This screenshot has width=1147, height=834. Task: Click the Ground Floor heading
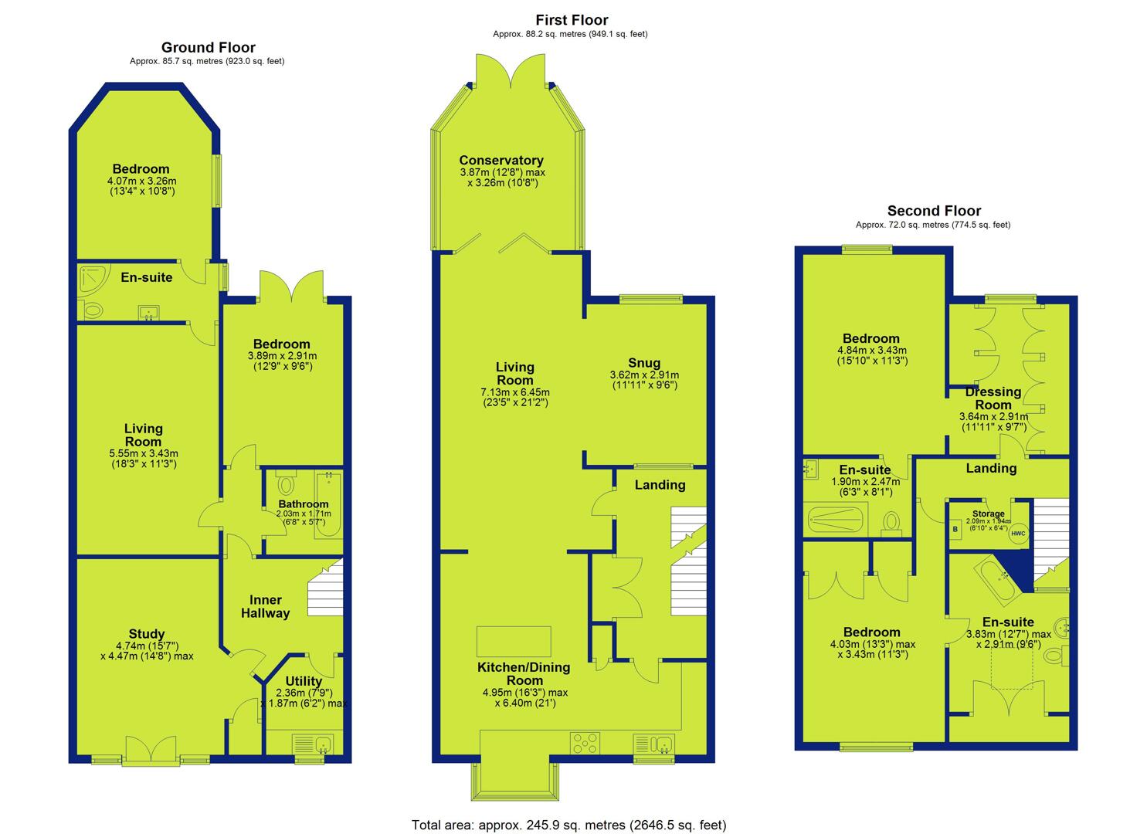pyautogui.click(x=209, y=48)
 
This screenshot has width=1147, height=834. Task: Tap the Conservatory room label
pyautogui.click(x=501, y=161)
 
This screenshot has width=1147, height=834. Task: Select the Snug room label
pyautogui.click(x=644, y=363)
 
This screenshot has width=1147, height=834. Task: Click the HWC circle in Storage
pyautogui.click(x=1019, y=534)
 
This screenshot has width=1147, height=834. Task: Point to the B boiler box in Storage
pyautogui.click(x=955, y=530)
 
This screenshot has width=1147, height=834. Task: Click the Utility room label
pyautogui.click(x=304, y=681)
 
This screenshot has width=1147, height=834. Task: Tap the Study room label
pyautogui.click(x=147, y=634)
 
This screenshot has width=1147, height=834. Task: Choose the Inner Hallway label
pyautogui.click(x=265, y=606)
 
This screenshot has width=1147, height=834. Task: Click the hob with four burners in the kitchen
pyautogui.click(x=585, y=744)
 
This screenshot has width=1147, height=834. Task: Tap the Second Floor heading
pyautogui.click(x=934, y=211)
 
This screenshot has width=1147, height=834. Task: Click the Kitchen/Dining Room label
pyautogui.click(x=524, y=673)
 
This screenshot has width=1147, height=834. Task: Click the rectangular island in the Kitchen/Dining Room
pyautogui.click(x=514, y=642)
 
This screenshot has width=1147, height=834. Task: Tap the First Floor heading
pyautogui.click(x=572, y=21)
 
